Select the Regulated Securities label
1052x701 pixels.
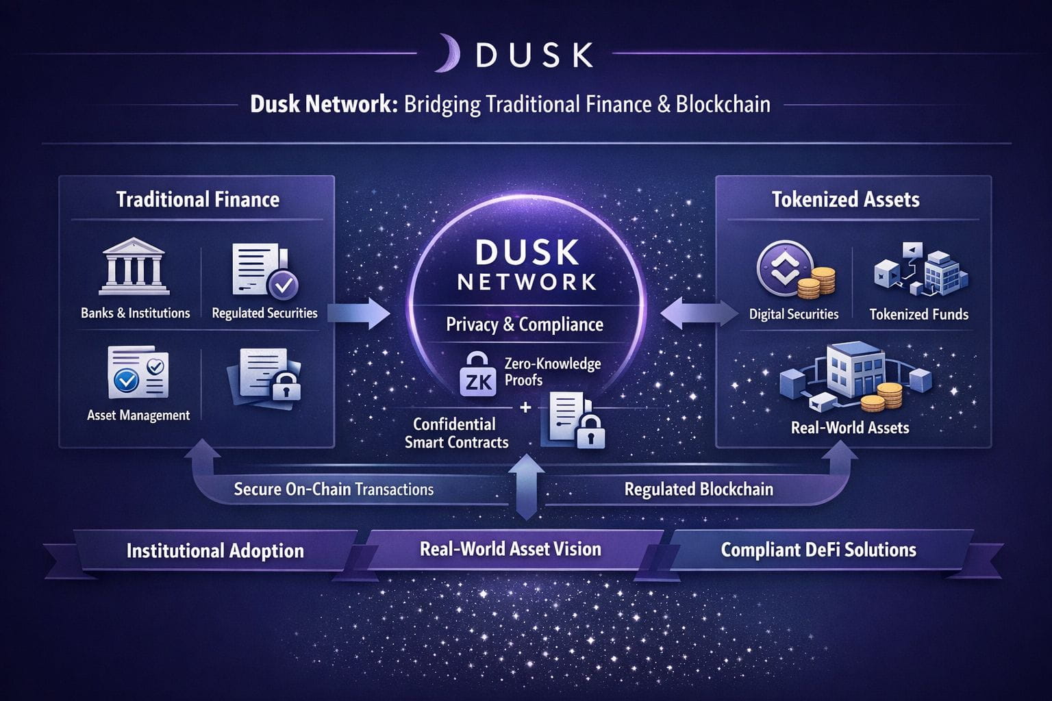point(264,314)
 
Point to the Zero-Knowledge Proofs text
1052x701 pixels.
point(552,372)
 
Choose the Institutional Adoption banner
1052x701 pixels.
point(215,551)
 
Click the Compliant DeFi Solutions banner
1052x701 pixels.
point(818,550)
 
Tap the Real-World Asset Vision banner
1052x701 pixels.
point(510,549)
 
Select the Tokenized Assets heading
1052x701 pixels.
point(845,199)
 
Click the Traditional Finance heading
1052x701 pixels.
point(198,199)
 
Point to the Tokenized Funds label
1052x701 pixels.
point(918,315)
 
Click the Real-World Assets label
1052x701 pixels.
point(850,428)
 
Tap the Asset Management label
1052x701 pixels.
point(138,416)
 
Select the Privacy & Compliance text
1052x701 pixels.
point(525,324)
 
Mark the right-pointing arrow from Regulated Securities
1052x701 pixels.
point(360,314)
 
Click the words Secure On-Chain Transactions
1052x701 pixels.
point(334,489)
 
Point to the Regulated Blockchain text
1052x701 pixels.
point(699,489)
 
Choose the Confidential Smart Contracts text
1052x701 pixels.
point(456,433)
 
